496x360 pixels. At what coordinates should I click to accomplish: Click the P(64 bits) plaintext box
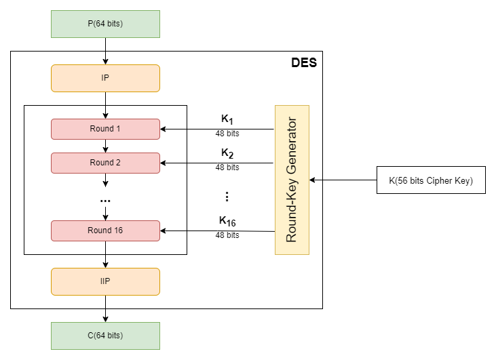105,24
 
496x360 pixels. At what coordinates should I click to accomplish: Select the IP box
105,78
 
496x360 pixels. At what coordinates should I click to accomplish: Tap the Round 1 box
105,129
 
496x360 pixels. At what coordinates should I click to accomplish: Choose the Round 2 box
105,163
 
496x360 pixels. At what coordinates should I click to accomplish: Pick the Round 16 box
105,231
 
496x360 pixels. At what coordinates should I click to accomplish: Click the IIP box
105,281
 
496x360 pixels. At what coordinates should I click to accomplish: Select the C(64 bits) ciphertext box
105,336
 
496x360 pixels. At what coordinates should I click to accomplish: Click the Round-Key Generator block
292,180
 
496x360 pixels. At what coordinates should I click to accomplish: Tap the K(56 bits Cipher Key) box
431,180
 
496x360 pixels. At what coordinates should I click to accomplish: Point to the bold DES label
303,63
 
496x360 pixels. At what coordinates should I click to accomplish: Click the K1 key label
227,119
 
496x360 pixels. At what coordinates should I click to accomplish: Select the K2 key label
227,153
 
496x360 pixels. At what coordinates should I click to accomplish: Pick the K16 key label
227,221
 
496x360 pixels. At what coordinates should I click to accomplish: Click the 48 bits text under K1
227,134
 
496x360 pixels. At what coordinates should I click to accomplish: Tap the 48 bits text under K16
227,235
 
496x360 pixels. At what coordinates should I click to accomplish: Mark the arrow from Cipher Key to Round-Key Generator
343,180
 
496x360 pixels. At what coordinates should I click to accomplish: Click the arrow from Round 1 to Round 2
105,146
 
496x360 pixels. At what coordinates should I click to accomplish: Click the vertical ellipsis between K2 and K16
227,197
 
